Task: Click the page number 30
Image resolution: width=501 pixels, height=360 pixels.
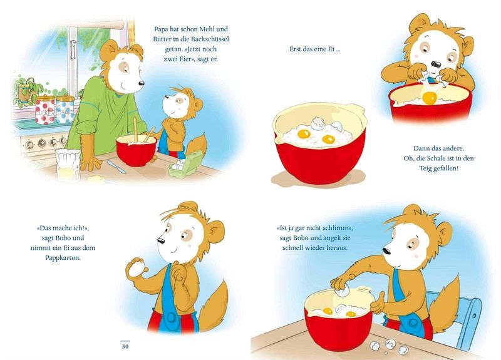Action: [125, 346]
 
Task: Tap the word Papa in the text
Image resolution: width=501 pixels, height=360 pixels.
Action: [162, 29]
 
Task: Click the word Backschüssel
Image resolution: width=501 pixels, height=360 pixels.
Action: [210, 39]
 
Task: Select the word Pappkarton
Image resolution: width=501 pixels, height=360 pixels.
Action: [63, 257]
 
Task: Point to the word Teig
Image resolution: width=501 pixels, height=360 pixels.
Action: [425, 168]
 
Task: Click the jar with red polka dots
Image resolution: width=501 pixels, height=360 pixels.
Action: [44, 110]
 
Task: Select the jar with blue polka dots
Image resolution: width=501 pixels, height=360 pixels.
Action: [65, 109]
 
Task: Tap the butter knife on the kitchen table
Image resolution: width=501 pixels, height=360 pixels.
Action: [116, 167]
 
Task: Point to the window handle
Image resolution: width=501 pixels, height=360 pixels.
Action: [73, 49]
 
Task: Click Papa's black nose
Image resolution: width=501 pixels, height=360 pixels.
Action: [142, 83]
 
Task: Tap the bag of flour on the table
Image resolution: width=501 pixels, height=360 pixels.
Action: [68, 165]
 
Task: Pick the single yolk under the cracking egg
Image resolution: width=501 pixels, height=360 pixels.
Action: [430, 98]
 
